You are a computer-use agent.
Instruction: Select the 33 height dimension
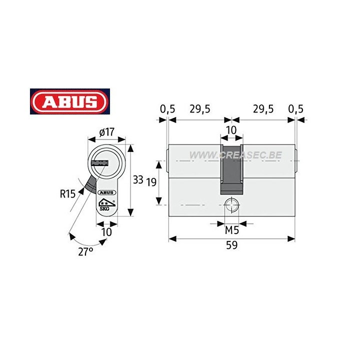coord(139,179)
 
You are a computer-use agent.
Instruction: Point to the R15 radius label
coord(68,193)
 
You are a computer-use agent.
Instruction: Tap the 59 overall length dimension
coord(231,245)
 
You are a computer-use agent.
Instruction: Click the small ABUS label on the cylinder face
coord(107,192)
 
